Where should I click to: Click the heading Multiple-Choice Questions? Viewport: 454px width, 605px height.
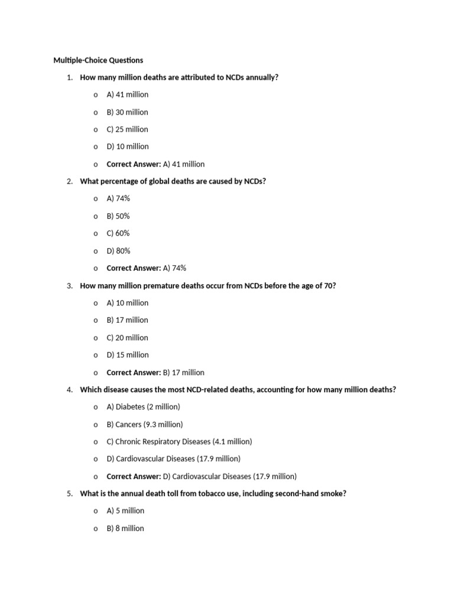[98, 60]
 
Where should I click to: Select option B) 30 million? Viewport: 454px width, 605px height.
[127, 112]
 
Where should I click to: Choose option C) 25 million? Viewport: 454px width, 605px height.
[127, 129]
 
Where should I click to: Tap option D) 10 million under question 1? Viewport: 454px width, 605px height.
[127, 147]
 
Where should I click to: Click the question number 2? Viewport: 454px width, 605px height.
[70, 181]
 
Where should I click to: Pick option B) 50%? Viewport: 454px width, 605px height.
[118, 216]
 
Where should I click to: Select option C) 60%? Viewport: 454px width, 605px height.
[118, 233]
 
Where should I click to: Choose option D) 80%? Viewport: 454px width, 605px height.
[118, 251]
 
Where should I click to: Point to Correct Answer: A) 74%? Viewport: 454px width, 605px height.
[146, 268]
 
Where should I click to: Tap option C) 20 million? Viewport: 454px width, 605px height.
[127, 338]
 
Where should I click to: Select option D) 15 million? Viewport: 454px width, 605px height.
[127, 355]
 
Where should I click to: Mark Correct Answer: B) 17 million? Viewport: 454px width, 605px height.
[155, 373]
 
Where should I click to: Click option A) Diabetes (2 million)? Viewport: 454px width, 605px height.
[143, 407]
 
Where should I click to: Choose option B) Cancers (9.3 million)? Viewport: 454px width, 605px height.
[145, 424]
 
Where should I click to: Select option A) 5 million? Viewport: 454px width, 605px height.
[125, 511]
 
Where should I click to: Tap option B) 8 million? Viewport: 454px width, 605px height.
[125, 529]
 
